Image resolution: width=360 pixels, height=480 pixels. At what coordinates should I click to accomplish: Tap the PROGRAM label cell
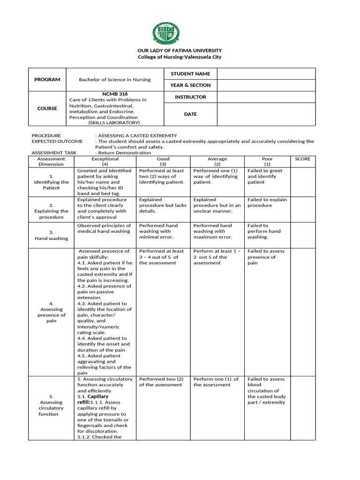click(x=47, y=80)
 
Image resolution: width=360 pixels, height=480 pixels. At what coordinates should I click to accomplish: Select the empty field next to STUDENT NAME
click(x=265, y=74)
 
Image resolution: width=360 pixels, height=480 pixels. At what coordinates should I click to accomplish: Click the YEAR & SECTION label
click(x=190, y=85)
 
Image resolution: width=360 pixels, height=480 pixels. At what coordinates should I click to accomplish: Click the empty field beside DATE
click(x=265, y=114)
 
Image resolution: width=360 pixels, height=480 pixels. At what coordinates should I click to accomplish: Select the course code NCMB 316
click(x=114, y=94)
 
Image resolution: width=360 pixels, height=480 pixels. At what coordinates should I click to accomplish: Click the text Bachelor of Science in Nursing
click(x=114, y=80)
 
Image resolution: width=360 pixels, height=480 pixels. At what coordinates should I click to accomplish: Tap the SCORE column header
click(x=302, y=159)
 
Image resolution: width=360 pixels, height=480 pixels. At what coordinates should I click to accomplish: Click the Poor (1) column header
click(x=266, y=162)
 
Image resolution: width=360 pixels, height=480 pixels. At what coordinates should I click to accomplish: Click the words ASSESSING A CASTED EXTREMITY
click(x=134, y=135)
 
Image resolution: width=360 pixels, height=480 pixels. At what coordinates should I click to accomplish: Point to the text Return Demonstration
click(x=125, y=152)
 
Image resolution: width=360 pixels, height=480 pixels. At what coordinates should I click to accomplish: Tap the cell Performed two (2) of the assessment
click(x=161, y=382)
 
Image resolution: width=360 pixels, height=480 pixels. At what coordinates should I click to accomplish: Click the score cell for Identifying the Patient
click(x=302, y=182)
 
